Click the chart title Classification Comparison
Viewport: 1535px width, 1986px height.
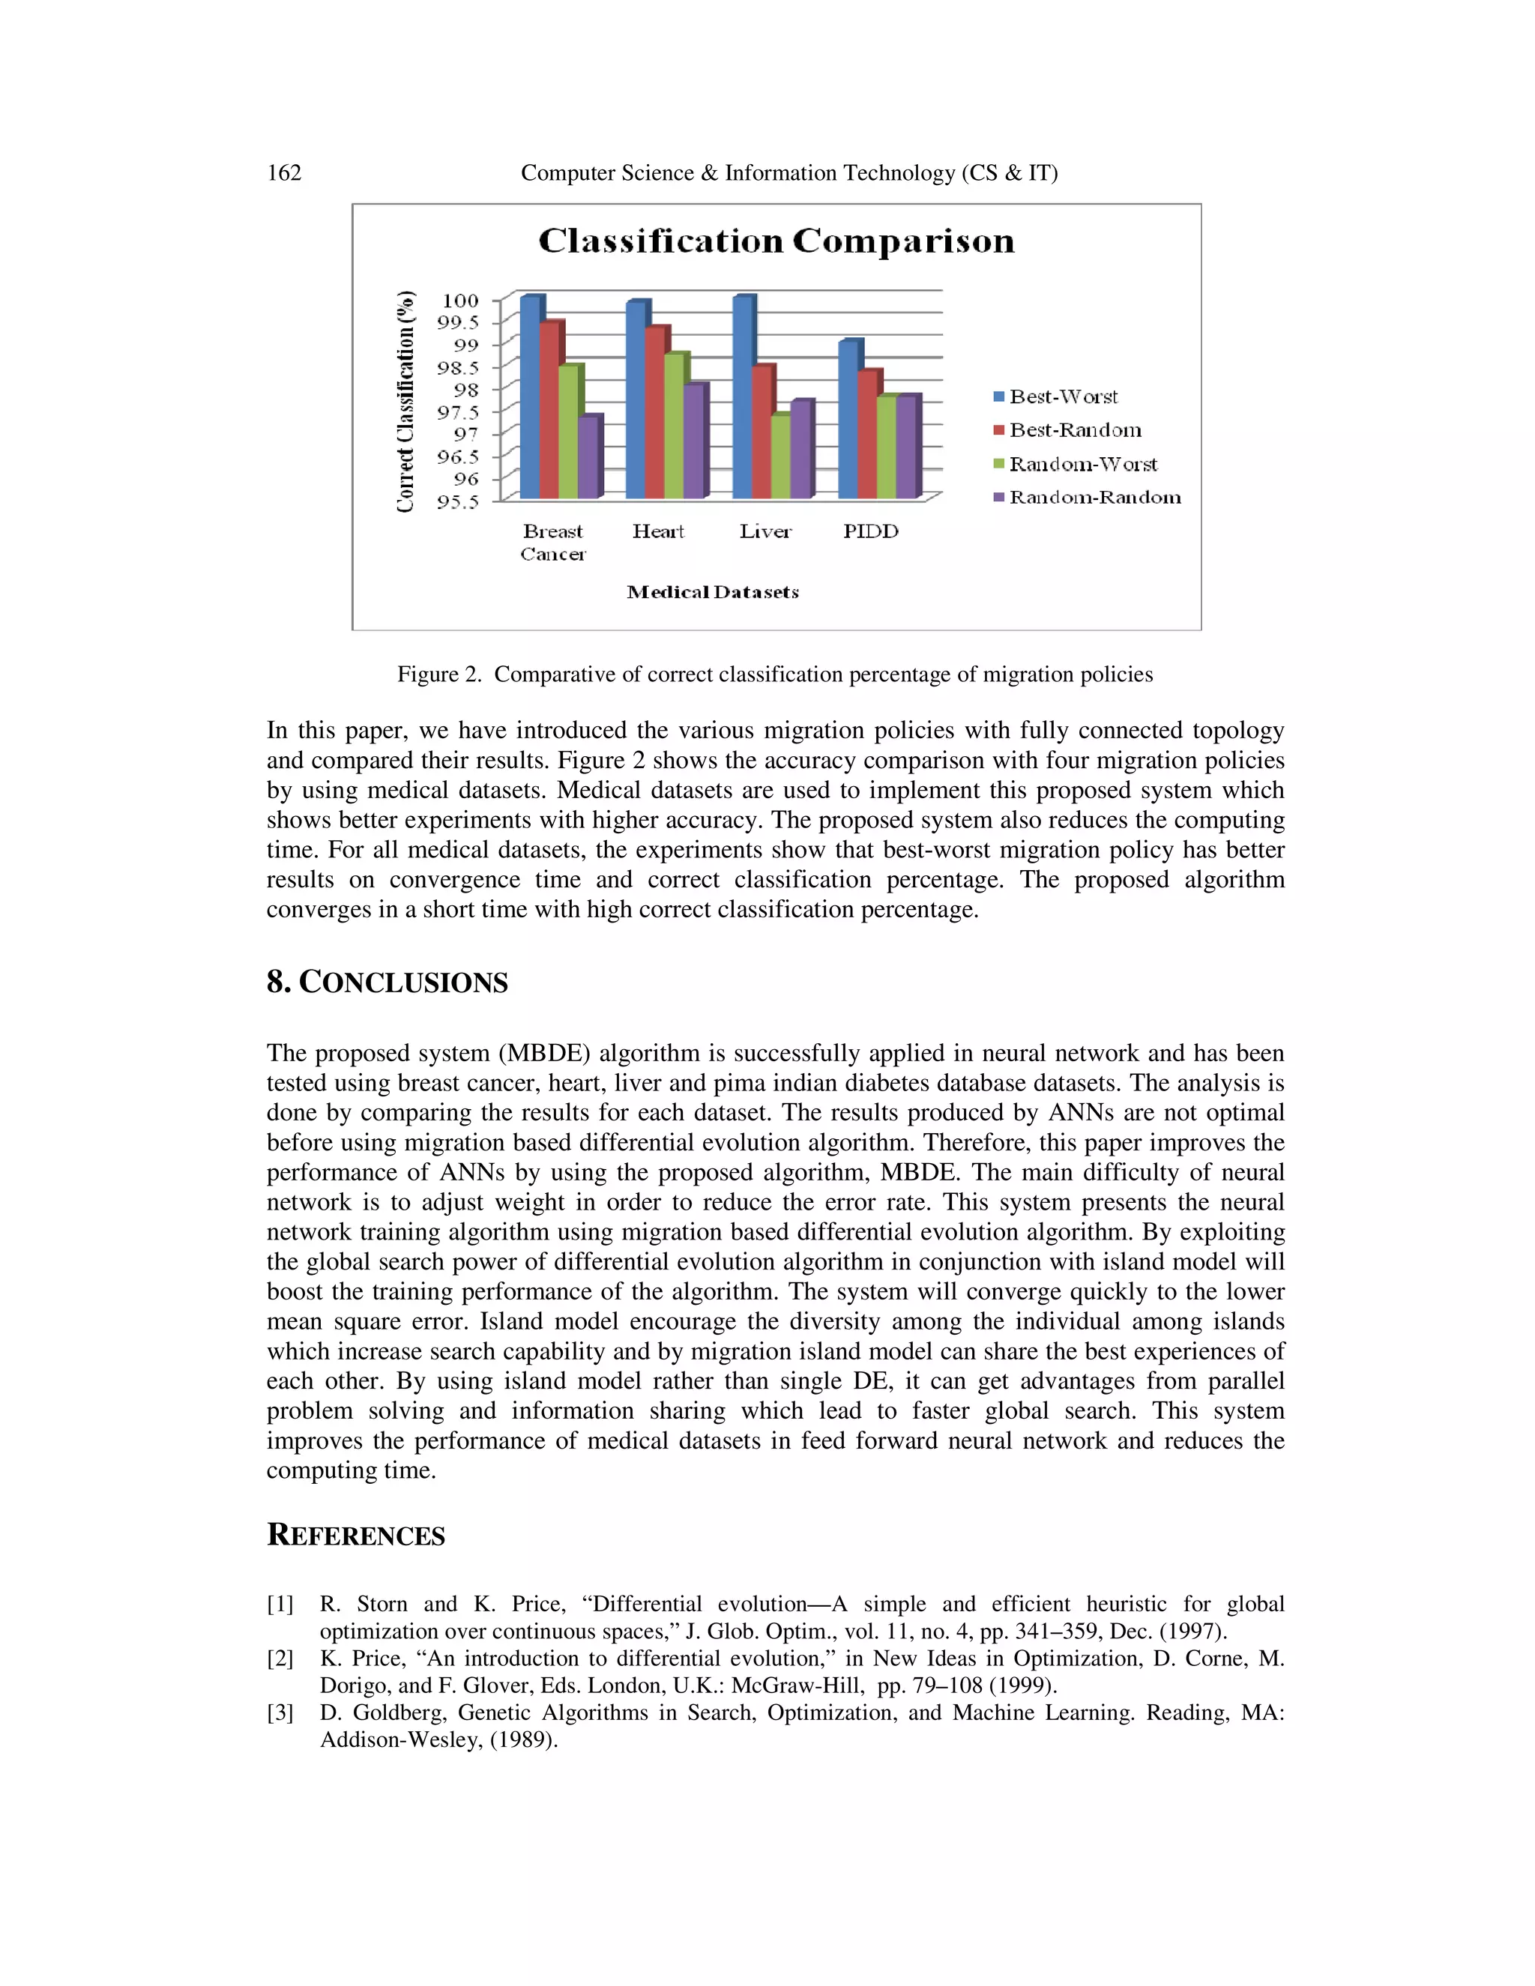[x=776, y=241]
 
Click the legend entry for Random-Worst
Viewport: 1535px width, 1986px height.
[x=1082, y=465]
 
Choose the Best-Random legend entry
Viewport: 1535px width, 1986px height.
[x=1074, y=430]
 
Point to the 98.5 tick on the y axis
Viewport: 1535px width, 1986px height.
[x=457, y=368]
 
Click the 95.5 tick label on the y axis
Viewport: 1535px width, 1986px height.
[x=457, y=502]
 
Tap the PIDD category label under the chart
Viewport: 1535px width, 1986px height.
[x=870, y=532]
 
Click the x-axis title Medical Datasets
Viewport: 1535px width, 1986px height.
[x=713, y=593]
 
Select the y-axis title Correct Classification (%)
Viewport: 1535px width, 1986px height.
[x=405, y=401]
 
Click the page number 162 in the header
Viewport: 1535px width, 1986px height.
[x=284, y=173]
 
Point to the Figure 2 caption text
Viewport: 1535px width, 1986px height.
[x=775, y=674]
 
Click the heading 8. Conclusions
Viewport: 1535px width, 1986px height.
[x=387, y=982]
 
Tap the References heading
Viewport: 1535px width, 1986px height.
[x=355, y=1535]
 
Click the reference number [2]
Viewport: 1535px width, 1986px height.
[x=280, y=1658]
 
